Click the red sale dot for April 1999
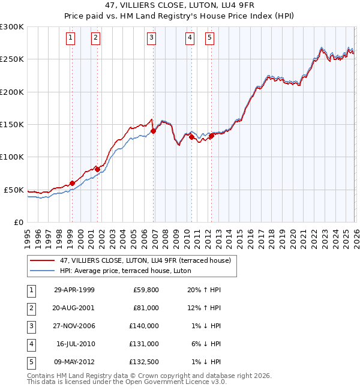[72, 183]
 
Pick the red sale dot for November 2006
[153, 131]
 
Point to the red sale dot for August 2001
[97, 169]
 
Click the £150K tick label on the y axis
[12, 124]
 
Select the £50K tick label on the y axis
[14, 190]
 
